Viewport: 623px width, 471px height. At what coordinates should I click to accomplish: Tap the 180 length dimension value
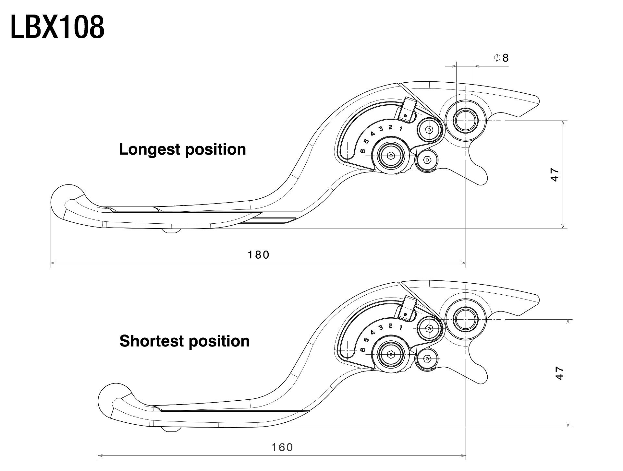259,255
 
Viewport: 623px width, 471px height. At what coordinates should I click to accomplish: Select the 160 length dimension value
282,448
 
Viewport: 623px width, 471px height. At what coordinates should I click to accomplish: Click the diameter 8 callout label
501,58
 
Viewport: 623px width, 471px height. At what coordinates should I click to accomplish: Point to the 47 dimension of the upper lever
555,174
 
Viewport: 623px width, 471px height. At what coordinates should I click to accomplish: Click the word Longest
150,149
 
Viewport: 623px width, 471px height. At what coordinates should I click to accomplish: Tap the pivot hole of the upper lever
465,121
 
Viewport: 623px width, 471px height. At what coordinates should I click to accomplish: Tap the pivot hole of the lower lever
465,319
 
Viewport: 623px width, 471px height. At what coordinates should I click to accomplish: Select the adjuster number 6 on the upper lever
363,151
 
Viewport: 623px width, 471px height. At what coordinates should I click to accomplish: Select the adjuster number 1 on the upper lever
401,129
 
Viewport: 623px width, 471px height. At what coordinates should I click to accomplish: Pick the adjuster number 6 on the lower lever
363,349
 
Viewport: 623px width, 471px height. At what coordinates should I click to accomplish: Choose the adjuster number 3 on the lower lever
381,328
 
